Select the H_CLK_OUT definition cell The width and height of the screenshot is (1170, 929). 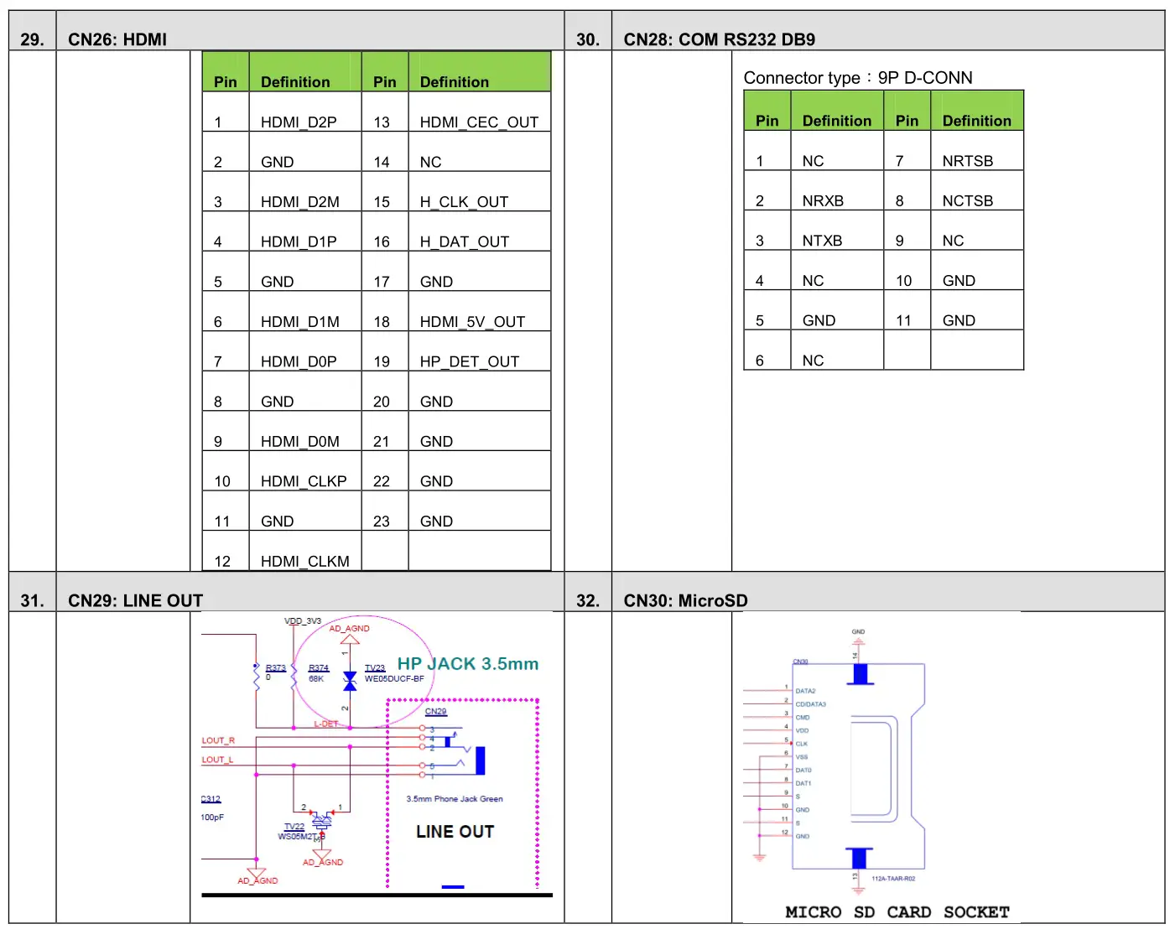tap(464, 202)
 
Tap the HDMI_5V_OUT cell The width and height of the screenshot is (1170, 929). tap(472, 322)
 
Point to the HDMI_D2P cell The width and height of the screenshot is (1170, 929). tap(299, 122)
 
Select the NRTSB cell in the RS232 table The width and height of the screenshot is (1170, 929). tap(967, 161)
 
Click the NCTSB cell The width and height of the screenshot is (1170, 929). tap(967, 201)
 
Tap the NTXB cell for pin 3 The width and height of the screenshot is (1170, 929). tap(822, 241)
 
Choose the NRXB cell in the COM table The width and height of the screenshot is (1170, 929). tap(823, 201)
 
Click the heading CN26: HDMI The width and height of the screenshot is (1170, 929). tap(117, 39)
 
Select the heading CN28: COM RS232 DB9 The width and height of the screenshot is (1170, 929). tap(719, 39)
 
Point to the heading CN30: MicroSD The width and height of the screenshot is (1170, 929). tap(685, 601)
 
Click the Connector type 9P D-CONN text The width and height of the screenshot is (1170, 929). tap(857, 78)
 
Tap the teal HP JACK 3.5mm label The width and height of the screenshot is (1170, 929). tap(468, 664)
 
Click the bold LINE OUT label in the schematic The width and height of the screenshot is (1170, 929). tap(455, 832)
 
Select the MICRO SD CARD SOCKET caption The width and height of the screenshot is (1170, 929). tap(897, 912)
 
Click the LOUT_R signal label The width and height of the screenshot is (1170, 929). tap(218, 740)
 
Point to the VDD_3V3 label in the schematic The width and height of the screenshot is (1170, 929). tap(303, 621)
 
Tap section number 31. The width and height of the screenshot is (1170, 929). tap(32, 601)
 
